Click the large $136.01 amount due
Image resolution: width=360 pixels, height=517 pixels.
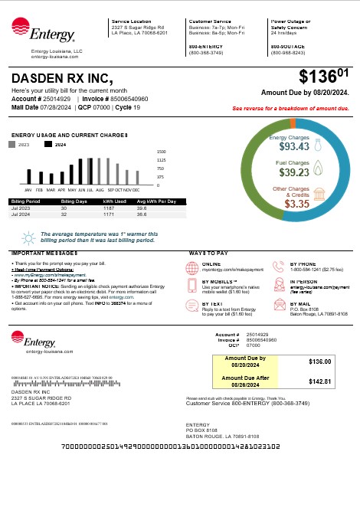[324, 77]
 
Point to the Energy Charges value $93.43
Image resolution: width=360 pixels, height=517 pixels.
[293, 146]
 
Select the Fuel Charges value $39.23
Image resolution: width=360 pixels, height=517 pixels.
[293, 173]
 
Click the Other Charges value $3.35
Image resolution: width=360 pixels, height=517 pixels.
[296, 204]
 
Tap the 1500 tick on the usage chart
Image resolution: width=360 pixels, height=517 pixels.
[162, 152]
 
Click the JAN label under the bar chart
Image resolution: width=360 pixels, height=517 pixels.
[28, 189]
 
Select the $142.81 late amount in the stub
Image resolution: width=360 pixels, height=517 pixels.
[318, 381]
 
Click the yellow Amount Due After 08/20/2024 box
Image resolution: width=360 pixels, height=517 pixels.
[246, 381]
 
